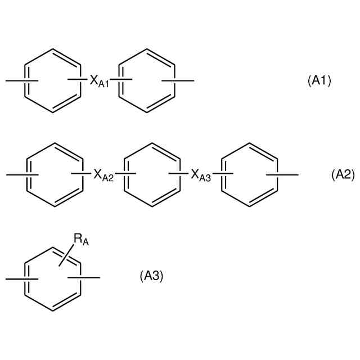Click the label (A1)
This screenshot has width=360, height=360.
point(319,81)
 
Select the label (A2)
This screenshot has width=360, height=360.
point(343,175)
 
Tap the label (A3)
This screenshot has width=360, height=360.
point(151,276)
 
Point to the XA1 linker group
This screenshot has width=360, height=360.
point(99,82)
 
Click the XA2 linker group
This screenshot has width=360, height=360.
point(103,175)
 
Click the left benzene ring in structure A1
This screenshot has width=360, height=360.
point(52,81)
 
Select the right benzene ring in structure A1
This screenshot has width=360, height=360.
point(147,81)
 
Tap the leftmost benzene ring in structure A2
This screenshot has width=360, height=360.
point(55,175)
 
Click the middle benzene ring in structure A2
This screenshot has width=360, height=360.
point(151,175)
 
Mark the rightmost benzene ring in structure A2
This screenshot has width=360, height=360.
point(247,175)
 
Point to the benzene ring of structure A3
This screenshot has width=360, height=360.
point(52,278)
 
